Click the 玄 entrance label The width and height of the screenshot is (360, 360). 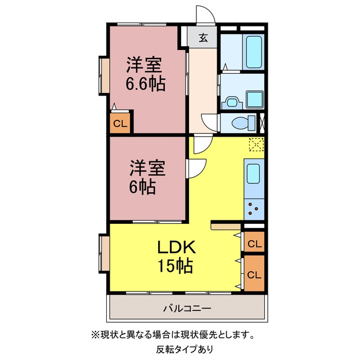coord(203,38)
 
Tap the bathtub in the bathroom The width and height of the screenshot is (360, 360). coord(254,52)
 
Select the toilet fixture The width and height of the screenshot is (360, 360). coord(244,123)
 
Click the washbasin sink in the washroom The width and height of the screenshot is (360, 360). coord(232,102)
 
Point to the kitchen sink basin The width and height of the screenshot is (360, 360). coord(253,174)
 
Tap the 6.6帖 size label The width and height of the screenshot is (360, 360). coord(146,84)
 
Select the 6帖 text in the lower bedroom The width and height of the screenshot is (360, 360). coord(142,187)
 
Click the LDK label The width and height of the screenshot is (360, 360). coord(176,247)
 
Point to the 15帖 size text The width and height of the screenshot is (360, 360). coord(175,265)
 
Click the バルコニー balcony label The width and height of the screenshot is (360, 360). coord(187,308)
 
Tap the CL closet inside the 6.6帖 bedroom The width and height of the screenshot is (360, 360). coord(120,123)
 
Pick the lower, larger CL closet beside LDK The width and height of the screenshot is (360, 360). coord(254,273)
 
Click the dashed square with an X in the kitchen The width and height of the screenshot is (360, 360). coord(256,145)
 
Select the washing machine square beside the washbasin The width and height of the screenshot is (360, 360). coord(255,99)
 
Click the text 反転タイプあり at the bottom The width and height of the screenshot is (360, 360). coord(185,349)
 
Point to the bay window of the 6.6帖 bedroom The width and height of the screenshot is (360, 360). coord(103,75)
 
